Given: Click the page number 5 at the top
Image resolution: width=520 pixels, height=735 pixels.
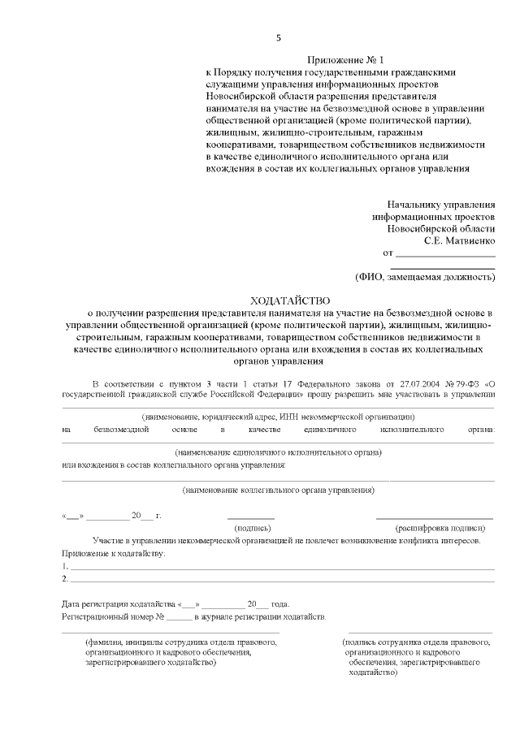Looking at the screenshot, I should (x=279, y=38).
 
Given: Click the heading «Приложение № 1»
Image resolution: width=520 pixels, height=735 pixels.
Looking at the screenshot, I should (x=345, y=60).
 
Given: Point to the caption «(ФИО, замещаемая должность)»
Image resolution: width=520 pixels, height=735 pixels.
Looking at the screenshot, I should (x=425, y=278).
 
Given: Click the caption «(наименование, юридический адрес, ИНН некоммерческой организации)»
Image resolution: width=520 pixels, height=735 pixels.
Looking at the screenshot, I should (x=278, y=416).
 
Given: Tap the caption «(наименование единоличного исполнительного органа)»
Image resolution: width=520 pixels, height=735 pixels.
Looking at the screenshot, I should (x=278, y=451).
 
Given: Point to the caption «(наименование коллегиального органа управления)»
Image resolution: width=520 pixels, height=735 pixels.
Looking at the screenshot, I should (x=278, y=490).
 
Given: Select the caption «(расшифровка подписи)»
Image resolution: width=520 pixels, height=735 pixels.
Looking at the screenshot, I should (x=434, y=528).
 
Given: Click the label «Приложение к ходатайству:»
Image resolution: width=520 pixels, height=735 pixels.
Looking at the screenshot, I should (x=114, y=553).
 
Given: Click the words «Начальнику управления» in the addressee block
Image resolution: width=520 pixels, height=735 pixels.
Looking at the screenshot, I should (x=441, y=205).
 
